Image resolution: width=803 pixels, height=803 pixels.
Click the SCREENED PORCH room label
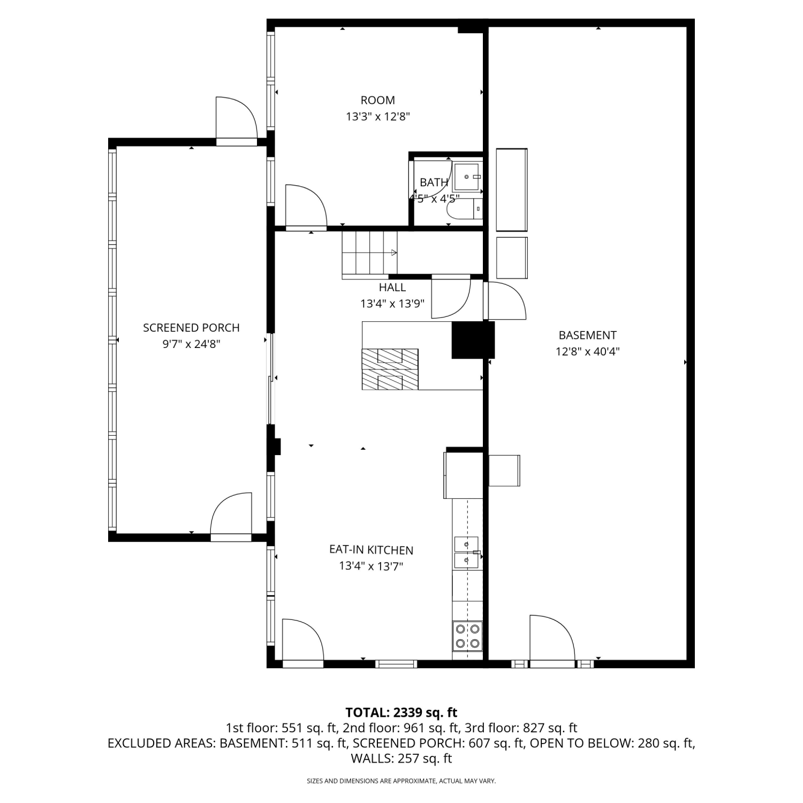pyautogui.click(x=191, y=328)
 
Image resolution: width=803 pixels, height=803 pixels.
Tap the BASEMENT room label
pyautogui.click(x=587, y=335)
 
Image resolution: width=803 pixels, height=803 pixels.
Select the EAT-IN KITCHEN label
pyautogui.click(x=371, y=550)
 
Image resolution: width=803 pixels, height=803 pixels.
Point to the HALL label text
pyautogui.click(x=392, y=287)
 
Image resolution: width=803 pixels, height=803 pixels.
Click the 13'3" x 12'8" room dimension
pyautogui.click(x=378, y=116)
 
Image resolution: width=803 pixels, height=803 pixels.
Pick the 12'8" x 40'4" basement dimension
pyautogui.click(x=587, y=352)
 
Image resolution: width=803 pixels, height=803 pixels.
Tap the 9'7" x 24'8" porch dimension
pyautogui.click(x=191, y=344)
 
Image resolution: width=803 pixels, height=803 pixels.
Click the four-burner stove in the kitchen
pyautogui.click(x=467, y=636)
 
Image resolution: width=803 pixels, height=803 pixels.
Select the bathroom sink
pyautogui.click(x=468, y=177)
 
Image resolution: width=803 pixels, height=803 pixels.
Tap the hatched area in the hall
pyautogui.click(x=390, y=369)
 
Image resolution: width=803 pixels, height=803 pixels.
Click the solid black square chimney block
pyautogui.click(x=473, y=340)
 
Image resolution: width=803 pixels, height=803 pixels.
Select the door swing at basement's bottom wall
pyautogui.click(x=552, y=641)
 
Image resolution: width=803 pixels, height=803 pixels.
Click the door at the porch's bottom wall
pyautogui.click(x=231, y=517)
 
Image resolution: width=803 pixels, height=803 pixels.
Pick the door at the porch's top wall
pyautogui.click(x=237, y=121)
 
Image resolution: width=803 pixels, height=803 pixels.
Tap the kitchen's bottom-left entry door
pyautogui.click(x=303, y=643)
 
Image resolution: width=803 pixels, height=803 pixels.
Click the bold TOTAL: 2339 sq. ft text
pyautogui.click(x=401, y=713)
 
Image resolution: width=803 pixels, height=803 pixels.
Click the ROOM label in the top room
pyautogui.click(x=378, y=100)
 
